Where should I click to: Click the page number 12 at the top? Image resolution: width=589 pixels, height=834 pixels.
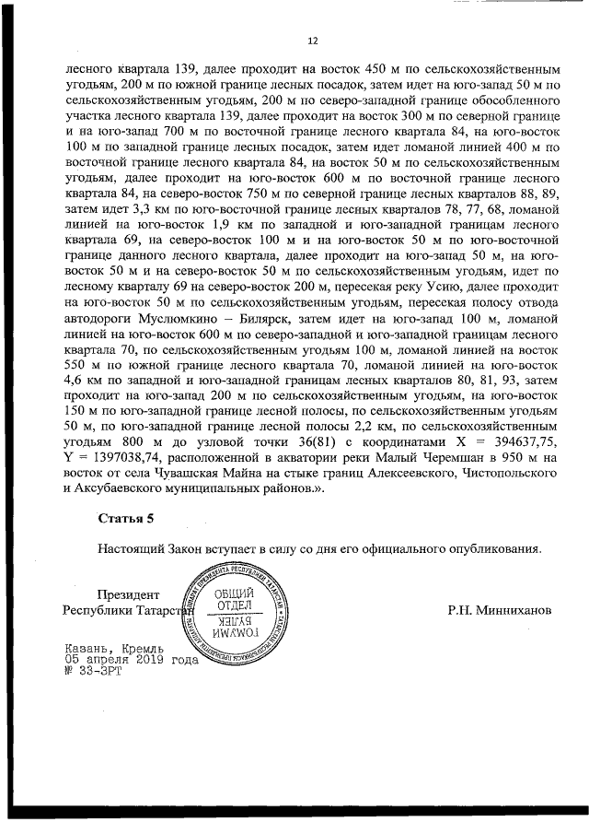(311, 41)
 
